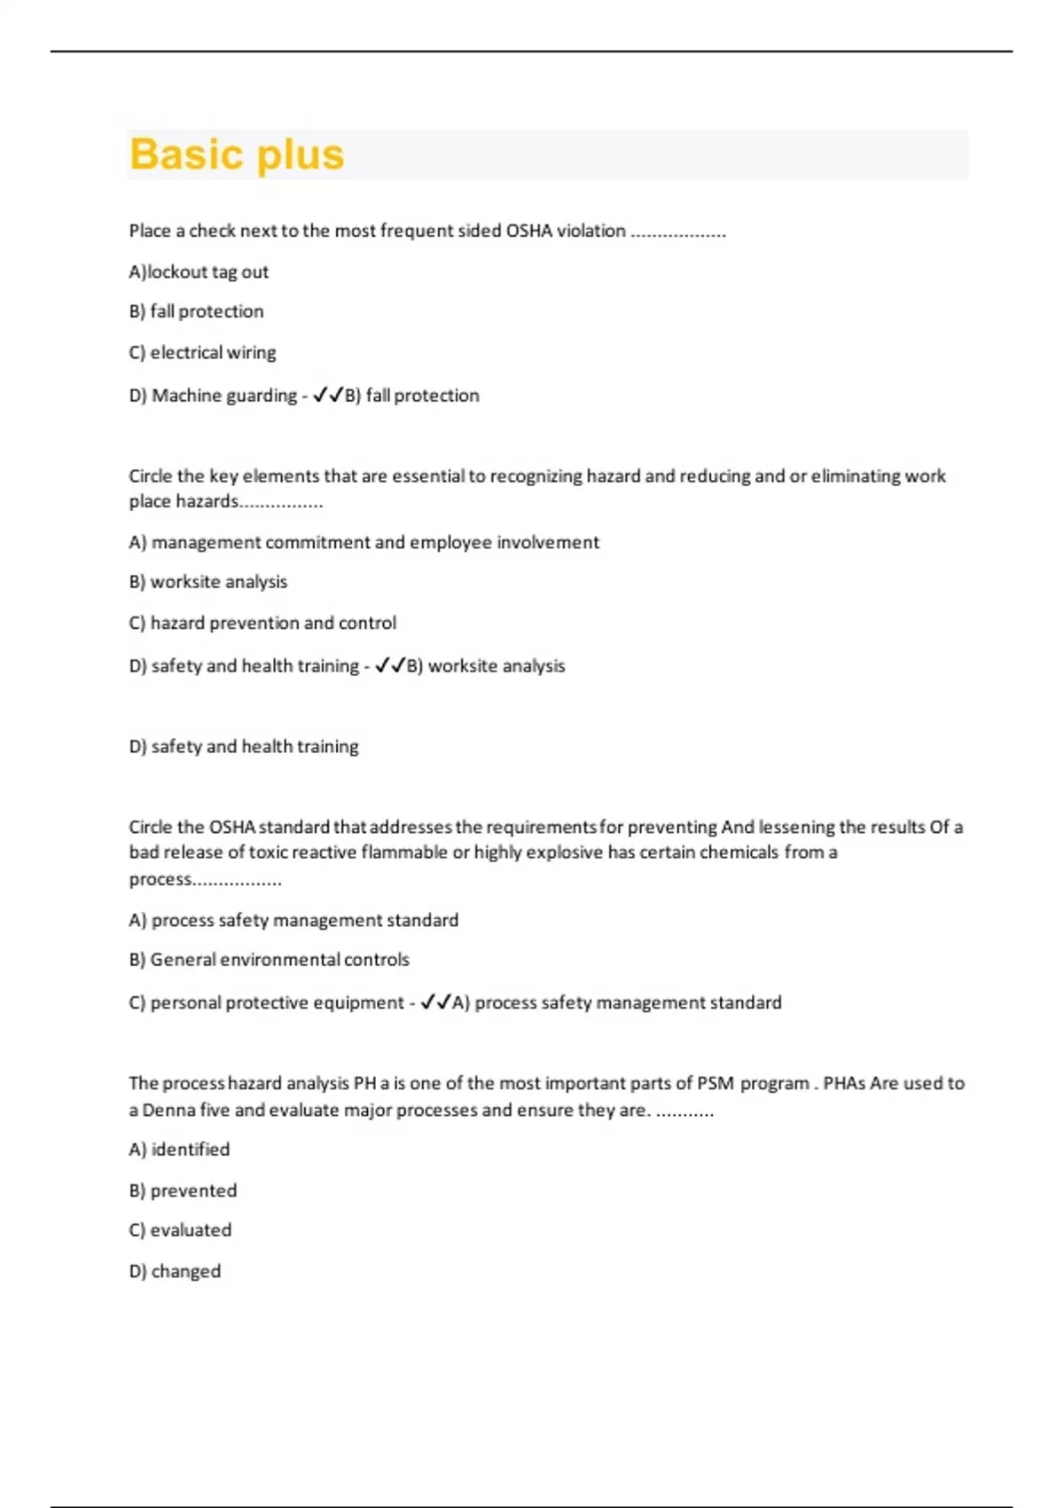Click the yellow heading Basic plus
[x=237, y=154]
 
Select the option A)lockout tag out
[x=199, y=271]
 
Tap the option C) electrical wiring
[x=202, y=352]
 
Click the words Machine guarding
[x=224, y=395]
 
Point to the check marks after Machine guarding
[x=328, y=395]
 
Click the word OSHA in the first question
[x=529, y=231]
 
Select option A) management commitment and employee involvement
[x=364, y=542]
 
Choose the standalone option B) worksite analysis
[x=208, y=582]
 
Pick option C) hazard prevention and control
[x=262, y=623]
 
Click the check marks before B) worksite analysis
[x=390, y=665]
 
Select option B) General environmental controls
[x=269, y=960]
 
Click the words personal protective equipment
[x=277, y=1002]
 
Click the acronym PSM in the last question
[x=715, y=1083]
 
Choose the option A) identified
[x=179, y=1150]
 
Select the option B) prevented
[x=183, y=1190]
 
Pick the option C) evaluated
[x=180, y=1230]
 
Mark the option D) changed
[x=175, y=1271]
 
